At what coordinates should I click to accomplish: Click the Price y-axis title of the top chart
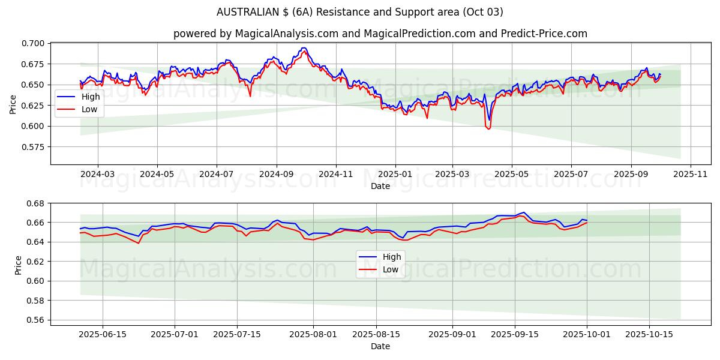coord(13,104)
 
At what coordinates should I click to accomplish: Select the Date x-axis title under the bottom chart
coord(380,346)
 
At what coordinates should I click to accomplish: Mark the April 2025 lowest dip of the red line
coord(488,128)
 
